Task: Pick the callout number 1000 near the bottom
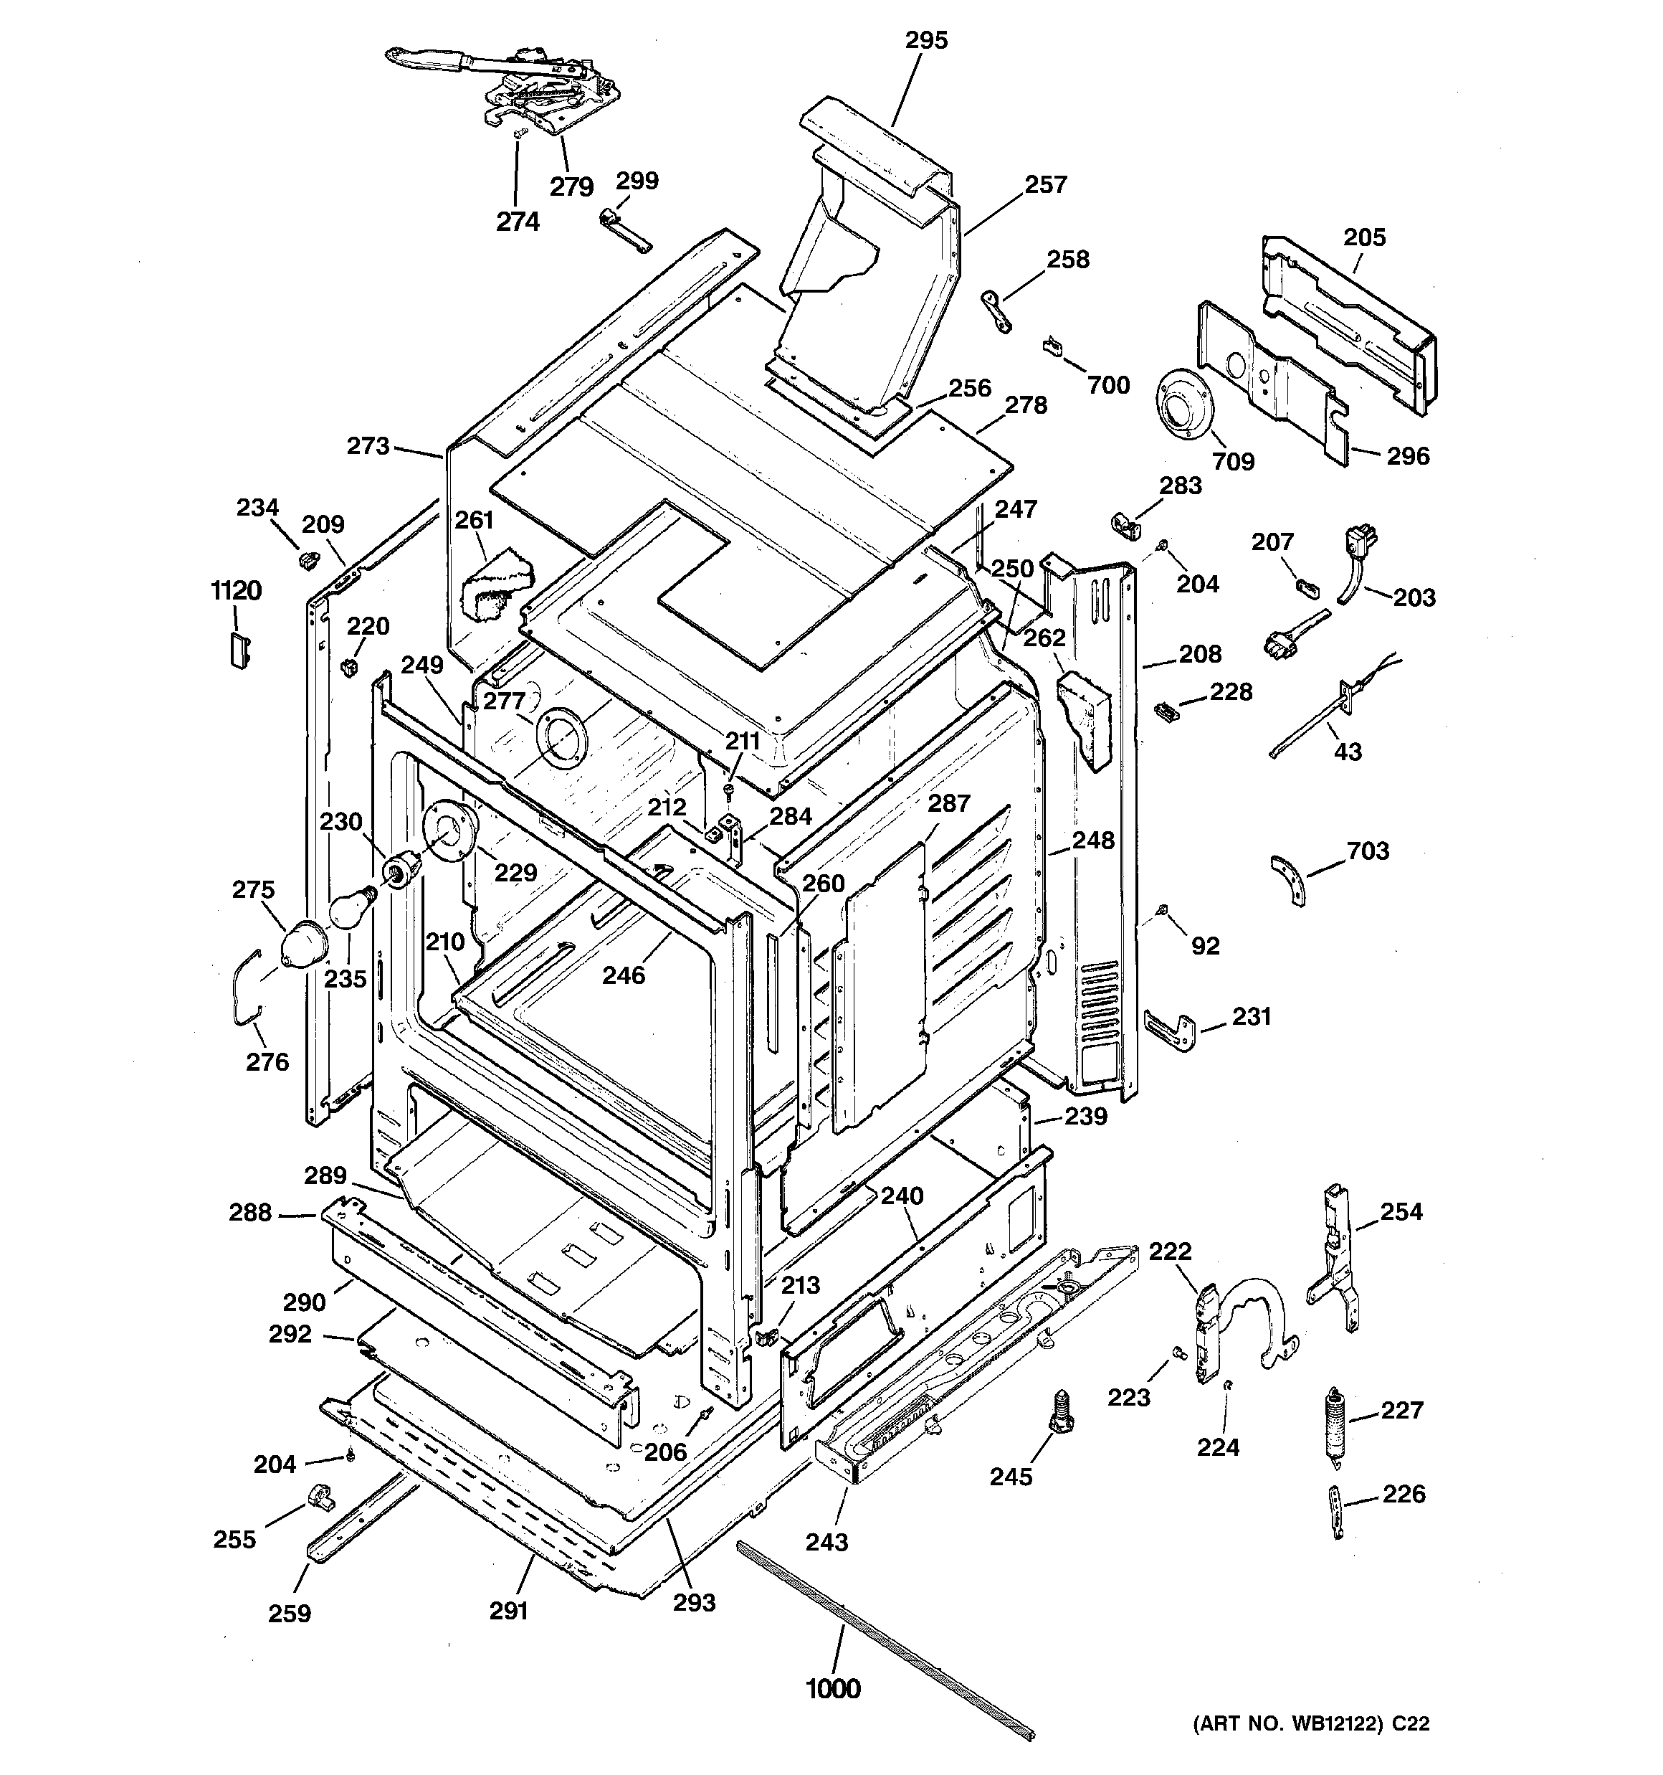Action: pos(833,1688)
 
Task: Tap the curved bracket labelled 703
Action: pos(1288,879)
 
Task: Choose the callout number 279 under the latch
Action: pos(571,186)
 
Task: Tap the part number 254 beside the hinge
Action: pos(1401,1211)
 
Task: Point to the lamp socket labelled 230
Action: pos(401,867)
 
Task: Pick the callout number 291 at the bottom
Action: pos(508,1610)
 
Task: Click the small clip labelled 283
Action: pos(1125,526)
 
